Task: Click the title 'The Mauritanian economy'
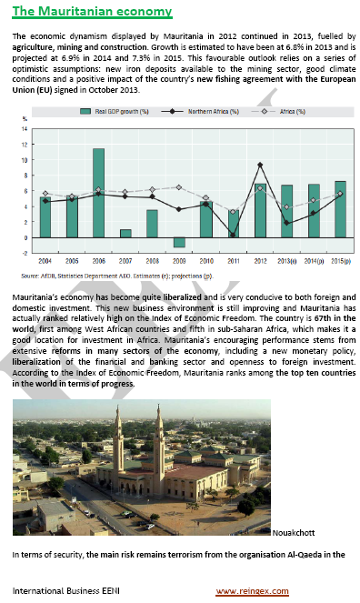click(92, 12)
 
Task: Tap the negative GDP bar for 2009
click(179, 242)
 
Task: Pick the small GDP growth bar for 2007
click(125, 233)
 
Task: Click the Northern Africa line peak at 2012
click(261, 165)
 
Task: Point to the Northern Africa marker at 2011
click(234, 235)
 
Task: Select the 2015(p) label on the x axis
click(339, 262)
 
